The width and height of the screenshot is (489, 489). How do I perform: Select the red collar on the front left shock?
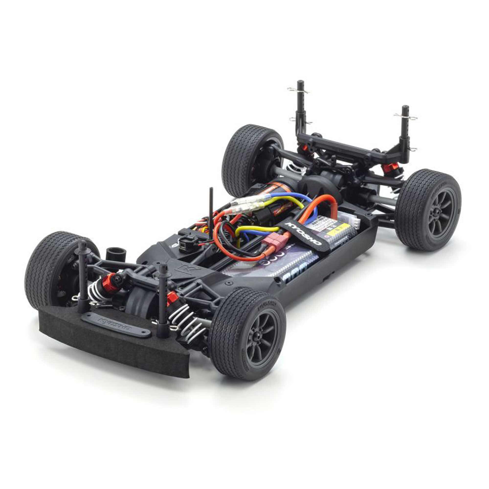109,283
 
